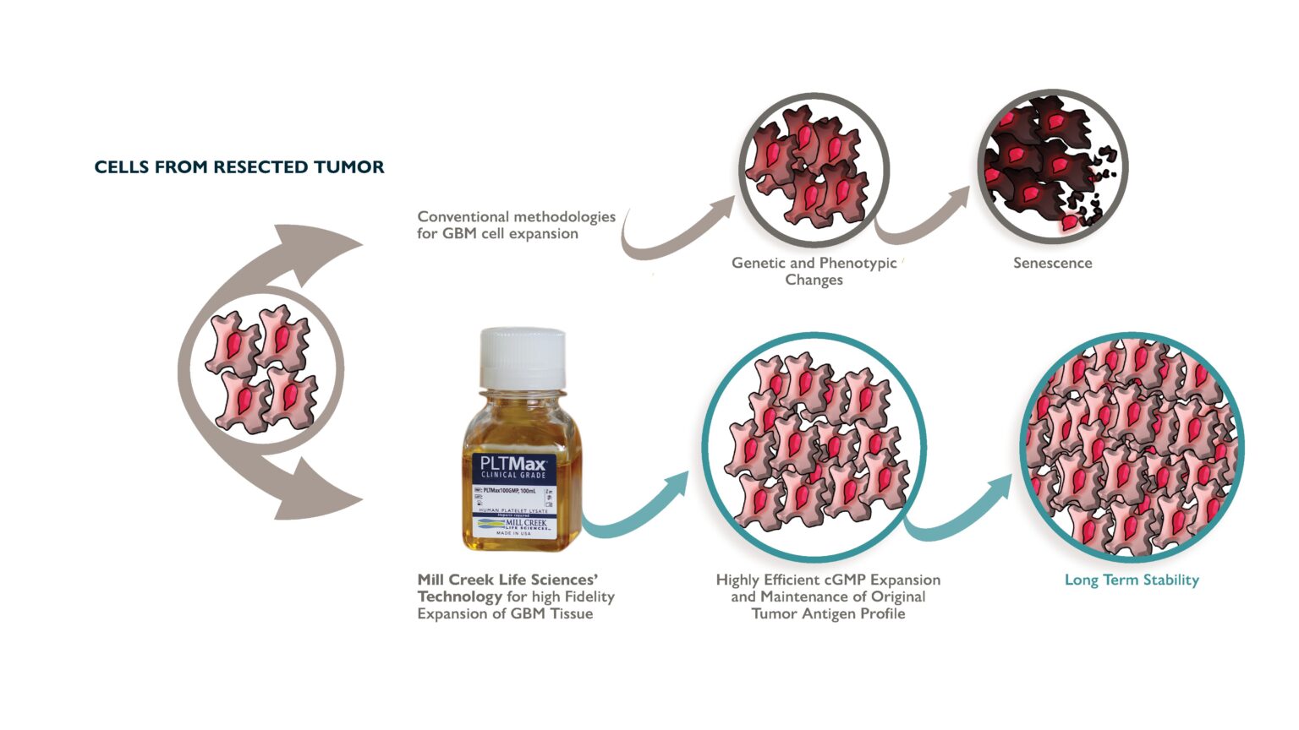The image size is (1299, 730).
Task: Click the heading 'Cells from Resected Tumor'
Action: tap(239, 167)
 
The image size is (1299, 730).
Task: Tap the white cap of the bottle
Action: tap(523, 357)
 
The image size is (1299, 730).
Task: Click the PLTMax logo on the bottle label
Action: tap(513, 466)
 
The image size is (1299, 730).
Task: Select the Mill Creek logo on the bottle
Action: tap(514, 524)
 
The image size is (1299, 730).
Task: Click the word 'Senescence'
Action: tap(1052, 263)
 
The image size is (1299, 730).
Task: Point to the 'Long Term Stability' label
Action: tap(1132, 580)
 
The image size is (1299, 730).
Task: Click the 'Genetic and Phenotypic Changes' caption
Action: tap(814, 271)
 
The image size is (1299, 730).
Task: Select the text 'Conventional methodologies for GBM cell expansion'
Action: tap(516, 225)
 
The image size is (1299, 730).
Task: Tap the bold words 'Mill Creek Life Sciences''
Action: tap(507, 580)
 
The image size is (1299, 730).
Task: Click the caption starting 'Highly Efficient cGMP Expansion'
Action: tap(828, 597)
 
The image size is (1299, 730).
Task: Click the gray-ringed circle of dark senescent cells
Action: tap(1052, 164)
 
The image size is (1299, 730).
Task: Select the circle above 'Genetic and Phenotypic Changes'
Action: tap(814, 166)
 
